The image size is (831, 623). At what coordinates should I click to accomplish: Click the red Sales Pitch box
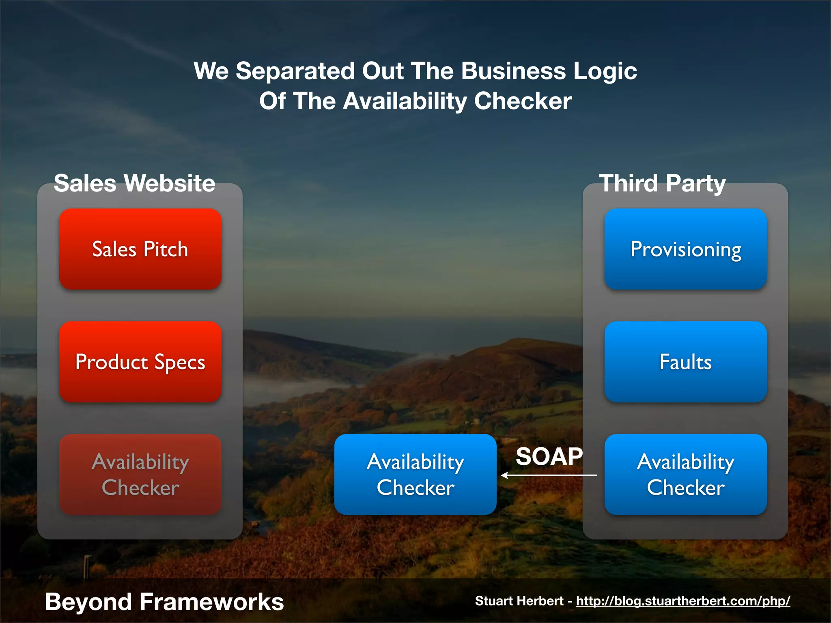(140, 249)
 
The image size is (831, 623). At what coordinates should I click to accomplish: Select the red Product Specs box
(140, 362)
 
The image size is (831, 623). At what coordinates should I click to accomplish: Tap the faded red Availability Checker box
(140, 475)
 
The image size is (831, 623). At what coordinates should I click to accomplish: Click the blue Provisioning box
(685, 249)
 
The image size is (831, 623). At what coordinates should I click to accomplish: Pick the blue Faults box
(685, 362)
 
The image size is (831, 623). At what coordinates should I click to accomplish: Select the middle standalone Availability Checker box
(415, 475)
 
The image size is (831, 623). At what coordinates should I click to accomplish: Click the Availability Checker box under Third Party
(685, 475)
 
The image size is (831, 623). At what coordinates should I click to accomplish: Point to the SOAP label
(549, 456)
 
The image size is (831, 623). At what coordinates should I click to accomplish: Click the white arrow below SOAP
(549, 475)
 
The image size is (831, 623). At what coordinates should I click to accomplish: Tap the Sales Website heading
(134, 183)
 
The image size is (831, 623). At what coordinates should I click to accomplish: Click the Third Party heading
(662, 183)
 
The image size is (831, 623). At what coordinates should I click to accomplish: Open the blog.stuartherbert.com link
(683, 601)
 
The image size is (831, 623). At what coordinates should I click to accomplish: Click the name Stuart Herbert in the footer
(519, 601)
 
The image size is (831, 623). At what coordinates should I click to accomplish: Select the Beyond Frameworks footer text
(164, 602)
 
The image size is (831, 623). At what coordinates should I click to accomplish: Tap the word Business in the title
(513, 71)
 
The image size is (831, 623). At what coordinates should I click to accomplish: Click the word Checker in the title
(523, 101)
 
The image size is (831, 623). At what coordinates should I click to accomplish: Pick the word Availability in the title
(405, 101)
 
